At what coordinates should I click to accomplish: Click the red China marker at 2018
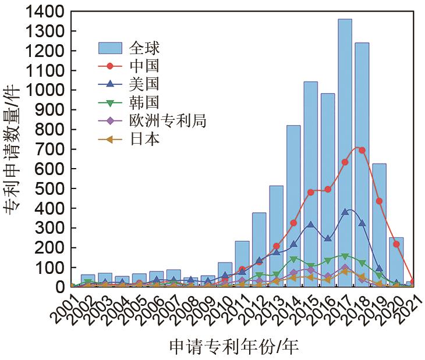[362, 150]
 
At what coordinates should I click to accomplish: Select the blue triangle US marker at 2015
[310, 224]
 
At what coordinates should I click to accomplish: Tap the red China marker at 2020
[396, 244]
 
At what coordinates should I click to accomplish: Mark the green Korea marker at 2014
[293, 259]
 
